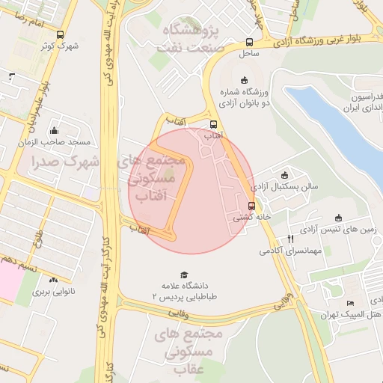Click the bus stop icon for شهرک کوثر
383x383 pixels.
[60, 34]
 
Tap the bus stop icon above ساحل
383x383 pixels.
[248, 43]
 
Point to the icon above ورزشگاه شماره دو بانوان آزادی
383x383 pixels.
[244, 80]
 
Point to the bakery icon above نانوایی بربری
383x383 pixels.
[53, 279]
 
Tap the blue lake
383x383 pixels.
[337, 127]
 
